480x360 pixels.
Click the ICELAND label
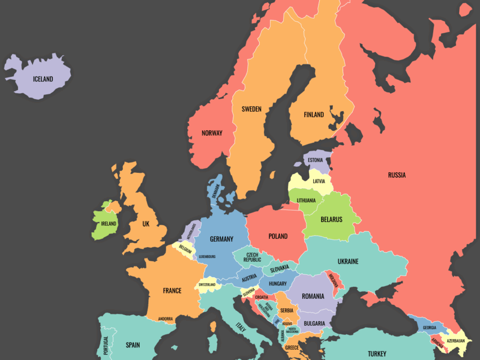click(43, 79)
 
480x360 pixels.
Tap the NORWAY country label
click(212, 133)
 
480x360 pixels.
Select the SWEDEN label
click(251, 109)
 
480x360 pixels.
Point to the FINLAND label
click(314, 115)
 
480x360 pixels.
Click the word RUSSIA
click(397, 175)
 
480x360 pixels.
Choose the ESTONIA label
click(315, 160)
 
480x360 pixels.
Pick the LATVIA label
click(319, 181)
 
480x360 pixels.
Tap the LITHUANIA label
click(306, 200)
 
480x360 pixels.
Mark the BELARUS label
click(332, 220)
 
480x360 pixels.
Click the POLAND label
click(278, 236)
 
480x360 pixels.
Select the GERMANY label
click(221, 239)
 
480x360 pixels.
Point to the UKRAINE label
click(348, 261)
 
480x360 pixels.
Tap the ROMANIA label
click(313, 296)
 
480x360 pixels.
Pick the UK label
click(146, 224)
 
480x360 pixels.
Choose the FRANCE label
click(172, 291)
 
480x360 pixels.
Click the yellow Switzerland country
click(207, 285)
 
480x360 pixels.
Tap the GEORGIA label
click(429, 328)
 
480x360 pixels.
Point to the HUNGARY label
click(278, 284)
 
